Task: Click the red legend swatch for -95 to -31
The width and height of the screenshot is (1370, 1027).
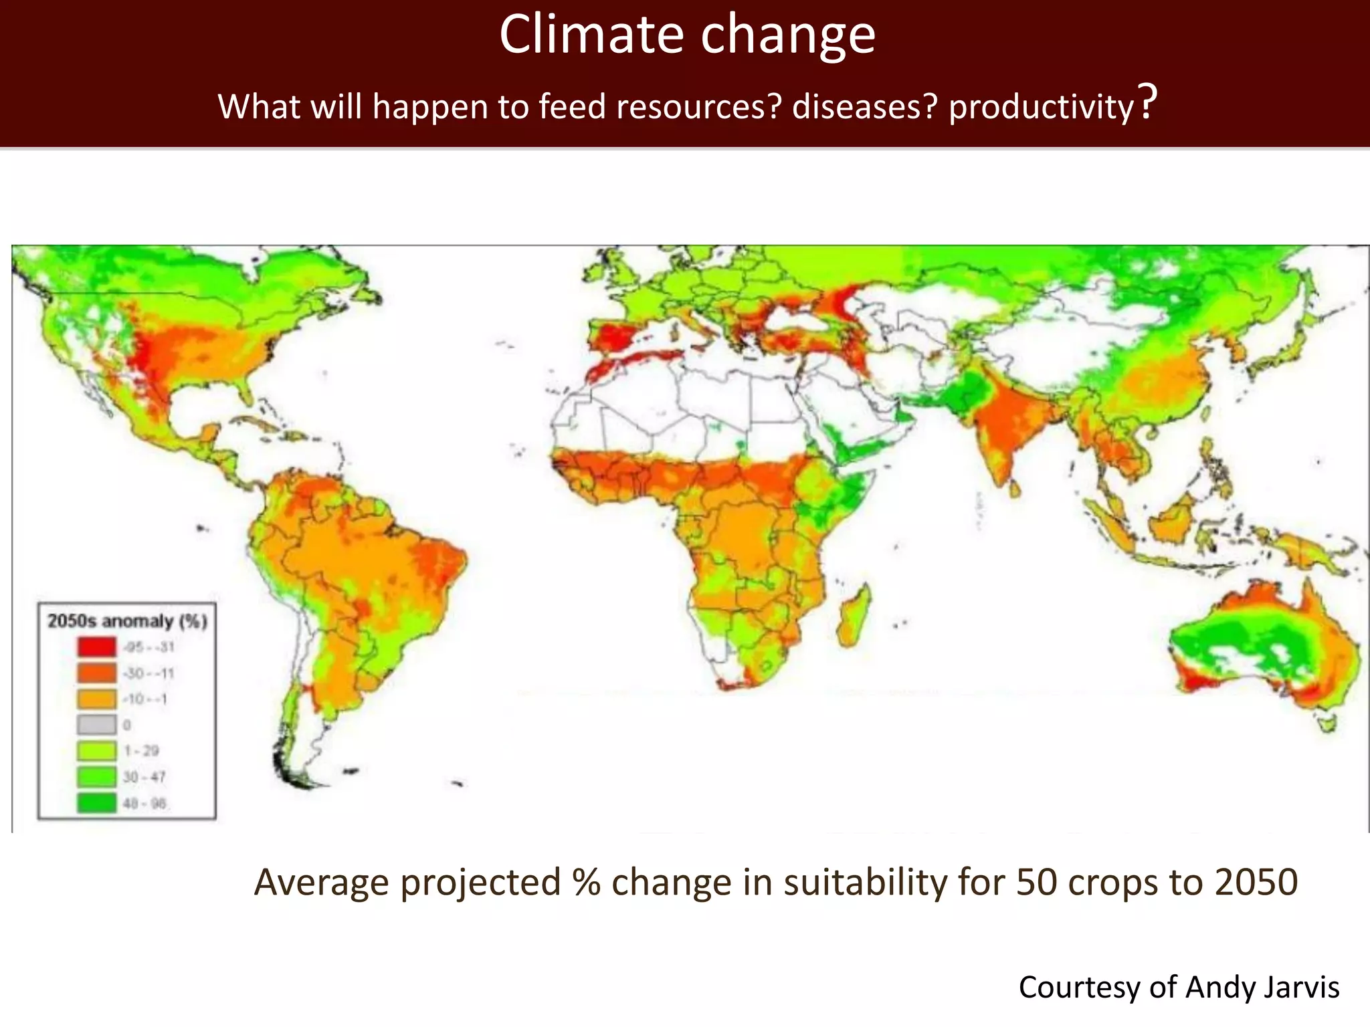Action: (x=96, y=647)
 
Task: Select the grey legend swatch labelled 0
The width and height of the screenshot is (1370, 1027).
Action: (x=96, y=725)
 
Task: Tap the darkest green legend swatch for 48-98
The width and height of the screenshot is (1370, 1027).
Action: (x=96, y=803)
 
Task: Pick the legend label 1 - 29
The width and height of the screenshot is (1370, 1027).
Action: (x=141, y=751)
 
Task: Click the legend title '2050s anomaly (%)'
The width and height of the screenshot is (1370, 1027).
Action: (x=127, y=621)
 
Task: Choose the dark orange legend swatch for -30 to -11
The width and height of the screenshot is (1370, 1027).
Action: (x=96, y=673)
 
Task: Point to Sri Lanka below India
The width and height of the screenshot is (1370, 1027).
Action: (x=1015, y=489)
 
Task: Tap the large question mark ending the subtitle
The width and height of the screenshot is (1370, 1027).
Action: (x=1148, y=102)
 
